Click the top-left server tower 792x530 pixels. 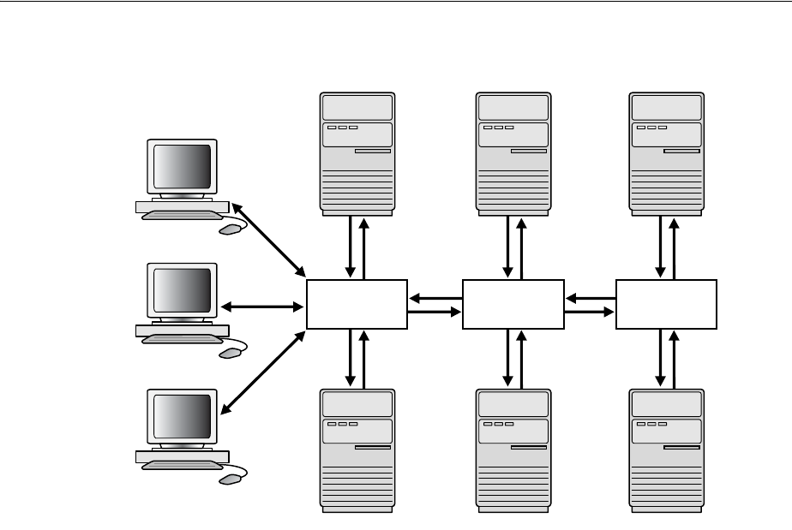(x=357, y=152)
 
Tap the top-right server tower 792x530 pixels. (x=666, y=152)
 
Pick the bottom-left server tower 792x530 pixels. (x=357, y=450)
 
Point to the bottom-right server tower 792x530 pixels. (x=666, y=450)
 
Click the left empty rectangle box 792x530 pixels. (x=357, y=304)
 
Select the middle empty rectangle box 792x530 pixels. (x=513, y=304)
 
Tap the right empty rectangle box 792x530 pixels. (x=666, y=304)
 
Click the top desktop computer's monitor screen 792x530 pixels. (x=182, y=168)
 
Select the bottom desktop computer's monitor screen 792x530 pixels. (x=182, y=417)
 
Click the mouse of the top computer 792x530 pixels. (x=230, y=229)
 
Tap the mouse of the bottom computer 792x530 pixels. (x=230, y=479)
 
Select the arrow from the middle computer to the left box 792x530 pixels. (x=263, y=306)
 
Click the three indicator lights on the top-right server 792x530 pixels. (x=648, y=128)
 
